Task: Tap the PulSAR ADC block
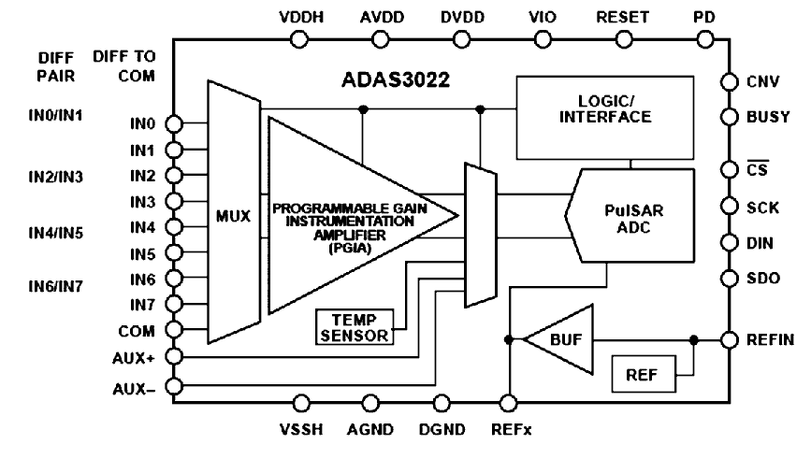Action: coord(630,215)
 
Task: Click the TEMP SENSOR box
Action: coord(355,328)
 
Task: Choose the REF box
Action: coord(641,375)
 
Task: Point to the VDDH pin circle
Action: coord(300,38)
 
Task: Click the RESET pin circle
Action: coord(622,38)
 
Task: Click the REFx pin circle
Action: coord(509,403)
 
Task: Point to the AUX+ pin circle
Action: coord(174,356)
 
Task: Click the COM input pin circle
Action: coord(174,330)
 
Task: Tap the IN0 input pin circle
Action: coord(174,122)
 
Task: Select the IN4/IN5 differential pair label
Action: coord(56,231)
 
